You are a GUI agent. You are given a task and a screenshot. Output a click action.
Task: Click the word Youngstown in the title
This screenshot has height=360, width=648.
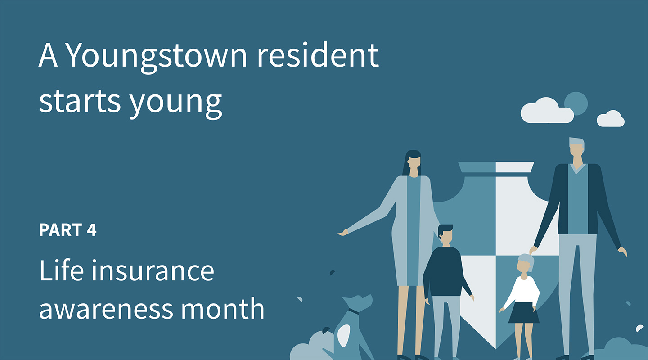click(157, 57)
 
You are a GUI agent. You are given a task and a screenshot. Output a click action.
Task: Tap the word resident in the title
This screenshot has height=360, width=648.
click(318, 54)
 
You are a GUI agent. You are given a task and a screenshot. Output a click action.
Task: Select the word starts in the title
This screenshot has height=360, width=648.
click(80, 101)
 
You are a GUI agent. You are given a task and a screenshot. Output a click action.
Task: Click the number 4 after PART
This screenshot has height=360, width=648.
click(91, 229)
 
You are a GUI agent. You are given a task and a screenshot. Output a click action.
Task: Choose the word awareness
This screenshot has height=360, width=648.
click(106, 309)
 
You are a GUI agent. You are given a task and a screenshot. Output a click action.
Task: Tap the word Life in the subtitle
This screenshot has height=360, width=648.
click(61, 270)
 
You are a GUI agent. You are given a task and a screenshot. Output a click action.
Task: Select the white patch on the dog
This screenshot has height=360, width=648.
click(344, 335)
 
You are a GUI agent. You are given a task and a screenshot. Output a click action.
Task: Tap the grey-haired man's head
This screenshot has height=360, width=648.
click(577, 149)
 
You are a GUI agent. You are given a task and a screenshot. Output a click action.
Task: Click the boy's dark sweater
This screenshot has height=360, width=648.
click(445, 272)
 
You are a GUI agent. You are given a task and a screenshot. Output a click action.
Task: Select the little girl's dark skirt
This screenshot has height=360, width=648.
click(524, 313)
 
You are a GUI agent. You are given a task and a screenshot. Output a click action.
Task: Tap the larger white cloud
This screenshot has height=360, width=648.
click(547, 111)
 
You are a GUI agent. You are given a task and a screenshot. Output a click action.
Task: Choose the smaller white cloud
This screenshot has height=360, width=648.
click(611, 119)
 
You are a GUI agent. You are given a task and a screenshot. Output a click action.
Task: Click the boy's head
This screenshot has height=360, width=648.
click(445, 234)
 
